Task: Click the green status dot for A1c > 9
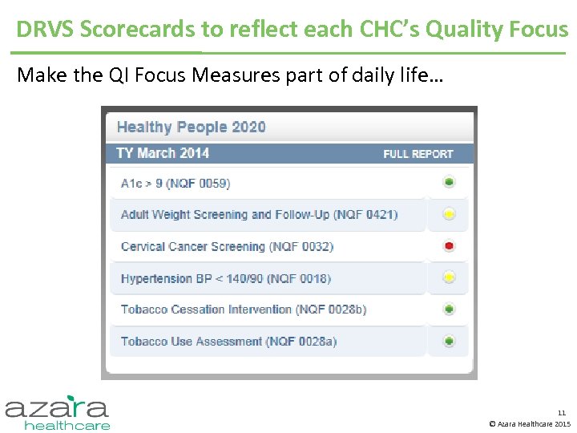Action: click(x=450, y=183)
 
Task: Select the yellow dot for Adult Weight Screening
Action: click(x=450, y=214)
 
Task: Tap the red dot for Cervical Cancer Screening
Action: click(x=450, y=246)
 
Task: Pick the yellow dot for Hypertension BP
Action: click(x=450, y=278)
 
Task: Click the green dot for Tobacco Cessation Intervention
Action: click(x=450, y=310)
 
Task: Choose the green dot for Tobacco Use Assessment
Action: click(x=450, y=342)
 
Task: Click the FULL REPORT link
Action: click(x=418, y=154)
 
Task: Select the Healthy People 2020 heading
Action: click(x=191, y=127)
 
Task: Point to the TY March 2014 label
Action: click(x=163, y=153)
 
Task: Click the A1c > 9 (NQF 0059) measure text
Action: click(x=175, y=184)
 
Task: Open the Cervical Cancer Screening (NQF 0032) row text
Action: click(x=227, y=247)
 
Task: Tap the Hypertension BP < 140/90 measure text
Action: click(x=225, y=279)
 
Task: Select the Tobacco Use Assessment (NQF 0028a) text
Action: click(x=228, y=342)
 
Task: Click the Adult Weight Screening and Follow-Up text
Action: click(x=259, y=215)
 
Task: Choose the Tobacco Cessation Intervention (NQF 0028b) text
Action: click(x=244, y=310)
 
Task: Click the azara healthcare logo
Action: click(x=58, y=412)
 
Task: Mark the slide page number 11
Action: click(x=562, y=413)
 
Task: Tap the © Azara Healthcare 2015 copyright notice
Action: click(x=530, y=423)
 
